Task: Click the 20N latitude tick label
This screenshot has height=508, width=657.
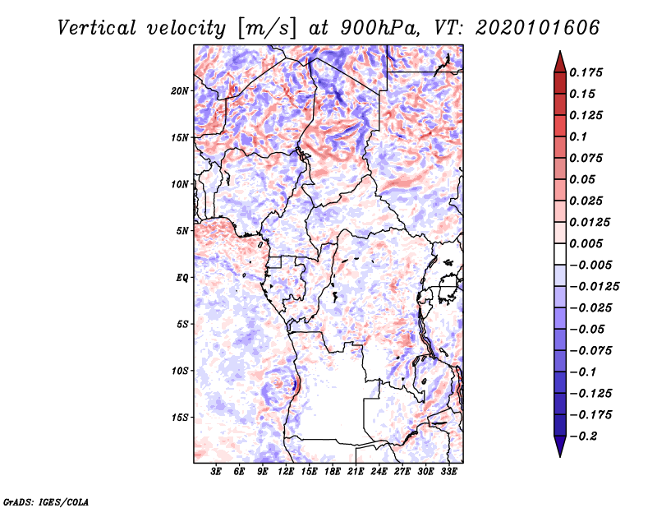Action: coord(180,91)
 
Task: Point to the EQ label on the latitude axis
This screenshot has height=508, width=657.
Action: coord(181,278)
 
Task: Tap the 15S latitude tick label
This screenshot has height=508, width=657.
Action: coord(180,418)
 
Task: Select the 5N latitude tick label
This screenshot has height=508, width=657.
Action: coord(182,231)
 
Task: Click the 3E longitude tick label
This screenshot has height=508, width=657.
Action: coord(216,472)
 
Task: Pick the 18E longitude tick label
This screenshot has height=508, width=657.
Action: coord(333,472)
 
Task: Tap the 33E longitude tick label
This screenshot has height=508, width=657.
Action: coord(448,472)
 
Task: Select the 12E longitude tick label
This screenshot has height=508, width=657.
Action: coord(286,472)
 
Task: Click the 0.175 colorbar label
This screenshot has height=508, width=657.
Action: coord(586,72)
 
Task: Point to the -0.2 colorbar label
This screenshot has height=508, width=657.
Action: coord(583,436)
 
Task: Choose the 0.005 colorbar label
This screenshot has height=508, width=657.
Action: coord(586,243)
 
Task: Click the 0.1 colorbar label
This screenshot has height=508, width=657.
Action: coord(578,136)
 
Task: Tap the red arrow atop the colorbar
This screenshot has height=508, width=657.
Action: coord(560,62)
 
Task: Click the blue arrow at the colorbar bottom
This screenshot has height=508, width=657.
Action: coord(560,446)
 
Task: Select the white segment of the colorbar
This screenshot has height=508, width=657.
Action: coord(560,254)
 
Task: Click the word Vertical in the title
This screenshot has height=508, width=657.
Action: coord(97,28)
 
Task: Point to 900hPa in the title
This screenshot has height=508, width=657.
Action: coord(379,28)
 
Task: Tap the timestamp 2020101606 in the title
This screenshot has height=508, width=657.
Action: coord(537,28)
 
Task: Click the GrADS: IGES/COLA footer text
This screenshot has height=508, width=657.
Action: coord(46,502)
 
